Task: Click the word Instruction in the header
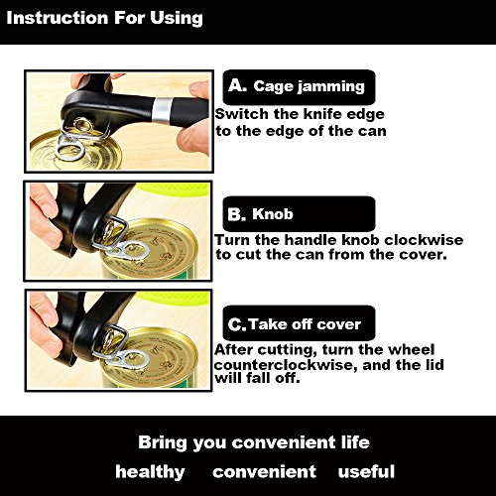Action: (x=58, y=18)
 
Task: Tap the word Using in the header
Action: (x=177, y=19)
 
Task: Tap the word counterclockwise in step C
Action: (x=286, y=365)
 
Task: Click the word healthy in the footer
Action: (x=150, y=472)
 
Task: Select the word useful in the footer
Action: (x=366, y=471)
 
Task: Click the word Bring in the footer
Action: (x=163, y=443)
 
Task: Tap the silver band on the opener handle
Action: (x=163, y=109)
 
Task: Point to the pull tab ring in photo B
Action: (x=126, y=249)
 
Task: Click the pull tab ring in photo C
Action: (x=126, y=358)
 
